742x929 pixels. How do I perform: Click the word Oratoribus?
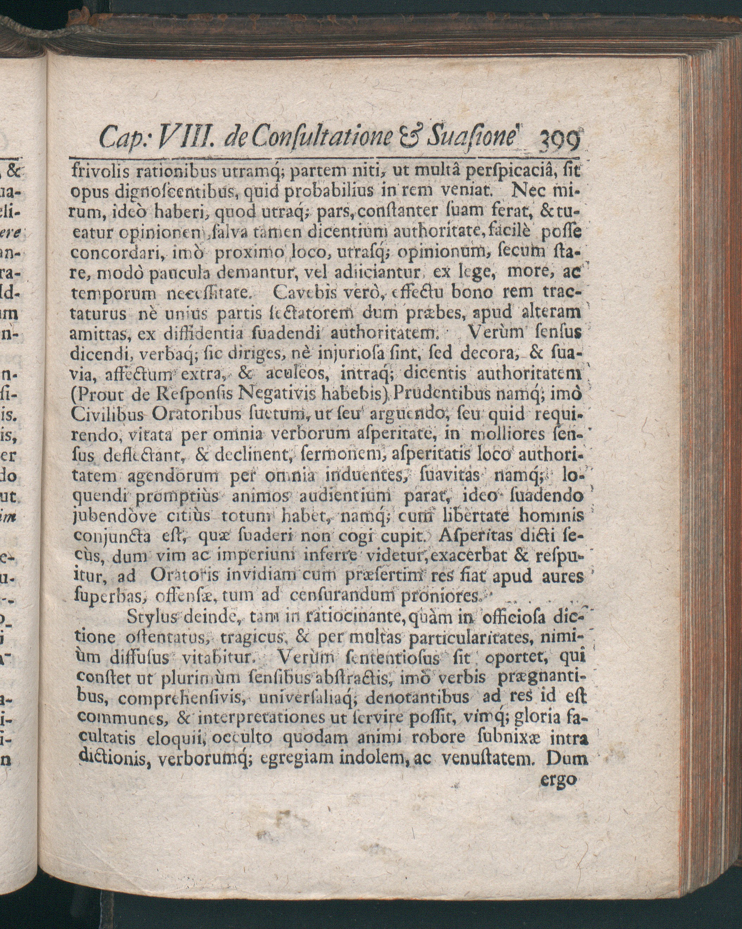tap(196, 414)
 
